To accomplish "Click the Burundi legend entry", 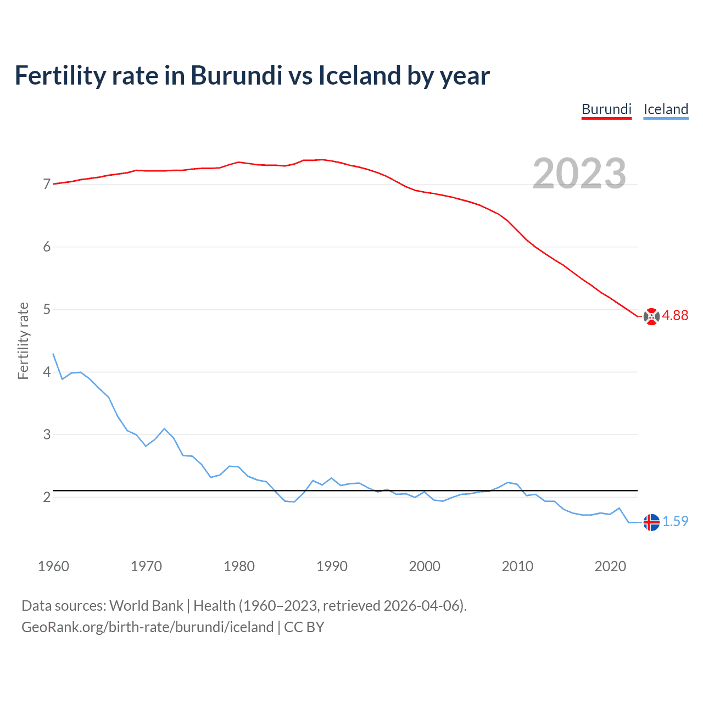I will click(606, 109).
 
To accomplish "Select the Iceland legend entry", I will click(666, 109).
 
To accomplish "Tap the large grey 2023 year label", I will click(579, 174).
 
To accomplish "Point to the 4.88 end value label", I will click(675, 315).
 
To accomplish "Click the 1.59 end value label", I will click(675, 521).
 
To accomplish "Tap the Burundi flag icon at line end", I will click(651, 316).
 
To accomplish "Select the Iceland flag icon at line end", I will click(651, 522).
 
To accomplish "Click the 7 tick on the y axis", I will click(47, 184).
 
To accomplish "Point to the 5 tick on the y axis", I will click(47, 309).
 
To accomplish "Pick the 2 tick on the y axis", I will click(47, 497).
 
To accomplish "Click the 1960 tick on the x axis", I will click(53, 566).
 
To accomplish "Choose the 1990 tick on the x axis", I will click(332, 566).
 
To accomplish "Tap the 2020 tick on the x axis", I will click(610, 566).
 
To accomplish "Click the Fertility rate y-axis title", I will click(23, 341).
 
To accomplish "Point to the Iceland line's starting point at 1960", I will click(53, 354).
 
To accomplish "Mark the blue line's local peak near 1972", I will click(164, 428).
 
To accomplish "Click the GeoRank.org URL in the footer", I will click(147, 627).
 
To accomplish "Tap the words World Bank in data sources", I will click(146, 606).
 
